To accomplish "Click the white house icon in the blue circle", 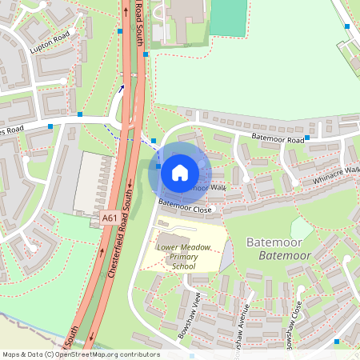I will [180, 172].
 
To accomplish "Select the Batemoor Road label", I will [278, 139].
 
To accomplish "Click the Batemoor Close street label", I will [185, 208].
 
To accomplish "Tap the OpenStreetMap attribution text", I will [80, 354].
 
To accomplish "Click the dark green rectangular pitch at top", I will [229, 18].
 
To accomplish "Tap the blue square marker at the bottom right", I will [337, 342].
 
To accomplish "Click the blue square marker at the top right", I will [347, 26].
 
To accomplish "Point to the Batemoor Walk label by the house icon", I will [205, 187].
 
